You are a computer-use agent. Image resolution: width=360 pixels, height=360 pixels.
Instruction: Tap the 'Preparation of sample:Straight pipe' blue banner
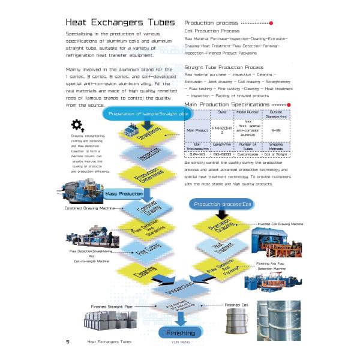point(145,114)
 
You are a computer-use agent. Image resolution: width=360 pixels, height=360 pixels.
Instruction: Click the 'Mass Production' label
point(124,194)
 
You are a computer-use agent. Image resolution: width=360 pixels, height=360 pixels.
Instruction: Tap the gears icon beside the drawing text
point(77,125)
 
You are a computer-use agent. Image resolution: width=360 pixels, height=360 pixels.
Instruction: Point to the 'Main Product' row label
point(197,130)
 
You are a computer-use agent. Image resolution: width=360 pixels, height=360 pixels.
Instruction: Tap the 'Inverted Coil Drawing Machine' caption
point(280,224)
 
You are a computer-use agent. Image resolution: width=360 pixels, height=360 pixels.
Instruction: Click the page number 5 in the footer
point(68,341)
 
